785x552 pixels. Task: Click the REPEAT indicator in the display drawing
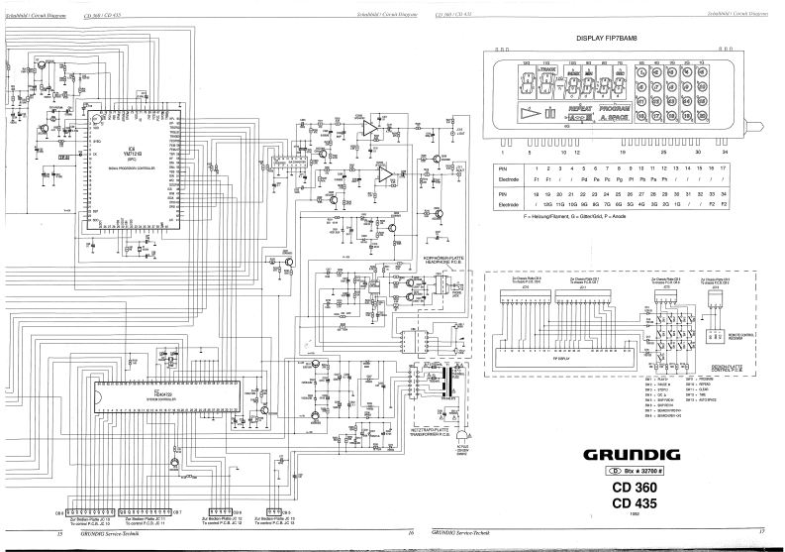coord(581,105)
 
